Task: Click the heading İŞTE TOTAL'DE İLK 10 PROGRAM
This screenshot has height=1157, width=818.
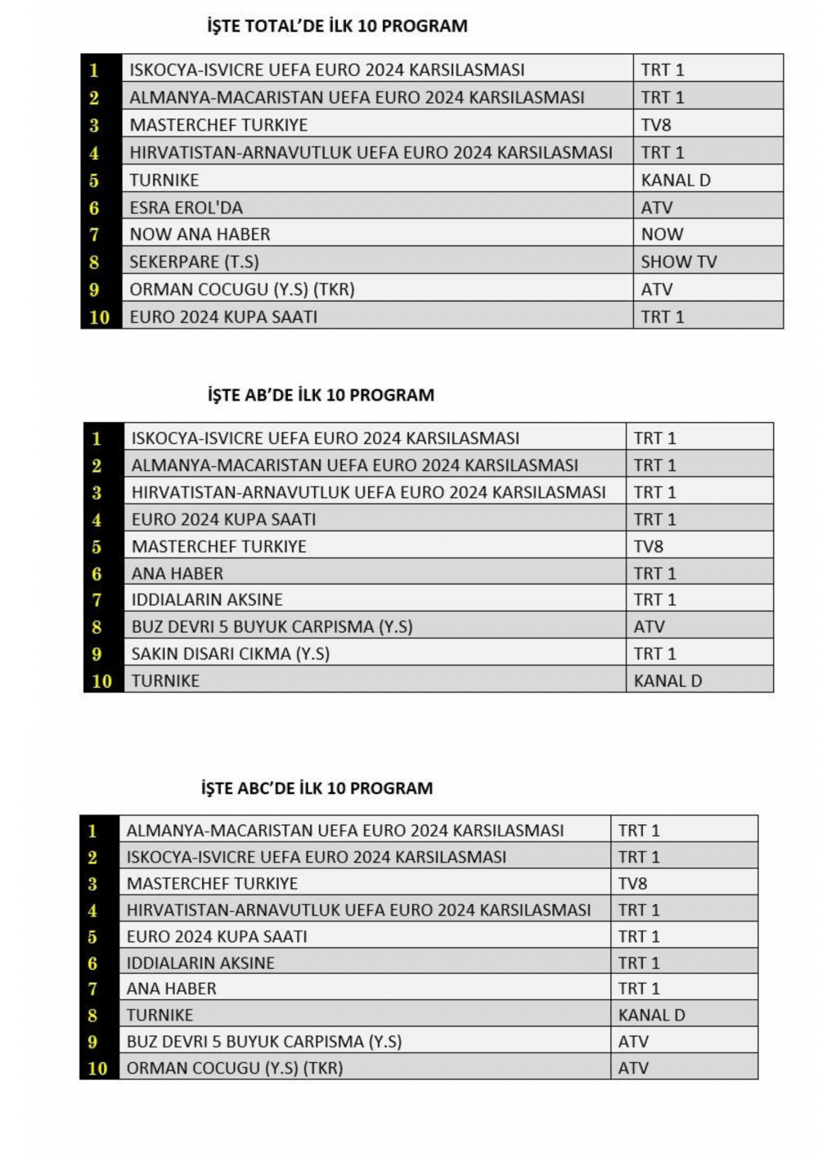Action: click(337, 26)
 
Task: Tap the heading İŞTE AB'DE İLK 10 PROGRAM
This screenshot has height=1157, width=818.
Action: click(321, 395)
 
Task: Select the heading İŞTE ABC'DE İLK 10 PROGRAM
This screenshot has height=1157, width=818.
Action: click(317, 788)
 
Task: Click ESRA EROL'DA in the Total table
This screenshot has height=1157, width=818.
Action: click(187, 208)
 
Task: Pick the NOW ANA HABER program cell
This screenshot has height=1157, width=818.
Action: click(200, 235)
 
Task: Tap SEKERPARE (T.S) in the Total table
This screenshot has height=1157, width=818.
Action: click(194, 262)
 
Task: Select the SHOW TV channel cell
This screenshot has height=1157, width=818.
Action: click(678, 262)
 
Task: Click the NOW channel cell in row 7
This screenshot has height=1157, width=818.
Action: click(662, 235)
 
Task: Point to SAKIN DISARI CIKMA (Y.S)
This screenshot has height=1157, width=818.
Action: click(231, 653)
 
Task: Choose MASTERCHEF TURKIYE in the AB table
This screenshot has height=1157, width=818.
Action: click(219, 546)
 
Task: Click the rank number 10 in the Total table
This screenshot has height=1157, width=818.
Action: click(100, 317)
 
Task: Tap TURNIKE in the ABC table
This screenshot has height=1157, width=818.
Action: click(160, 1015)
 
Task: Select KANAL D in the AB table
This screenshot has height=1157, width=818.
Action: click(667, 680)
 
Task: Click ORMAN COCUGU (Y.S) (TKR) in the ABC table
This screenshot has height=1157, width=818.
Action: click(235, 1068)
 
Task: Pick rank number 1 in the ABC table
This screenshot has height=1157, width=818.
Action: click(92, 831)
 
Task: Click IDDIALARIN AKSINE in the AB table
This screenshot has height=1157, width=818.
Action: click(207, 599)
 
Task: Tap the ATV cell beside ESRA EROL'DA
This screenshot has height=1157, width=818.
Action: click(657, 208)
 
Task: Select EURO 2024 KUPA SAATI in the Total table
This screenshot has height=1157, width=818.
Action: click(223, 317)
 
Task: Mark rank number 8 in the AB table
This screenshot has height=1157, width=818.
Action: click(97, 627)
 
